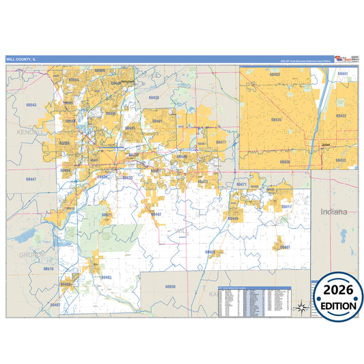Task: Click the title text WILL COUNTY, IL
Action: [x=21, y=59]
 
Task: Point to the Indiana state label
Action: [x=335, y=212]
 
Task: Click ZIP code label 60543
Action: [x=30, y=105]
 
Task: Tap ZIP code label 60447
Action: [x=31, y=178]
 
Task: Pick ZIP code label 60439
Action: [x=154, y=98]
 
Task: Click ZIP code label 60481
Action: [x=106, y=277]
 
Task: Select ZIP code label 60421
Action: [x=107, y=214]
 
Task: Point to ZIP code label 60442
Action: [x=156, y=214]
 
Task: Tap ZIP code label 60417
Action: [x=287, y=206]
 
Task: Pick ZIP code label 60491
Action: [x=158, y=121]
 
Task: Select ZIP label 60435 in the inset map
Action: [x=276, y=120]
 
